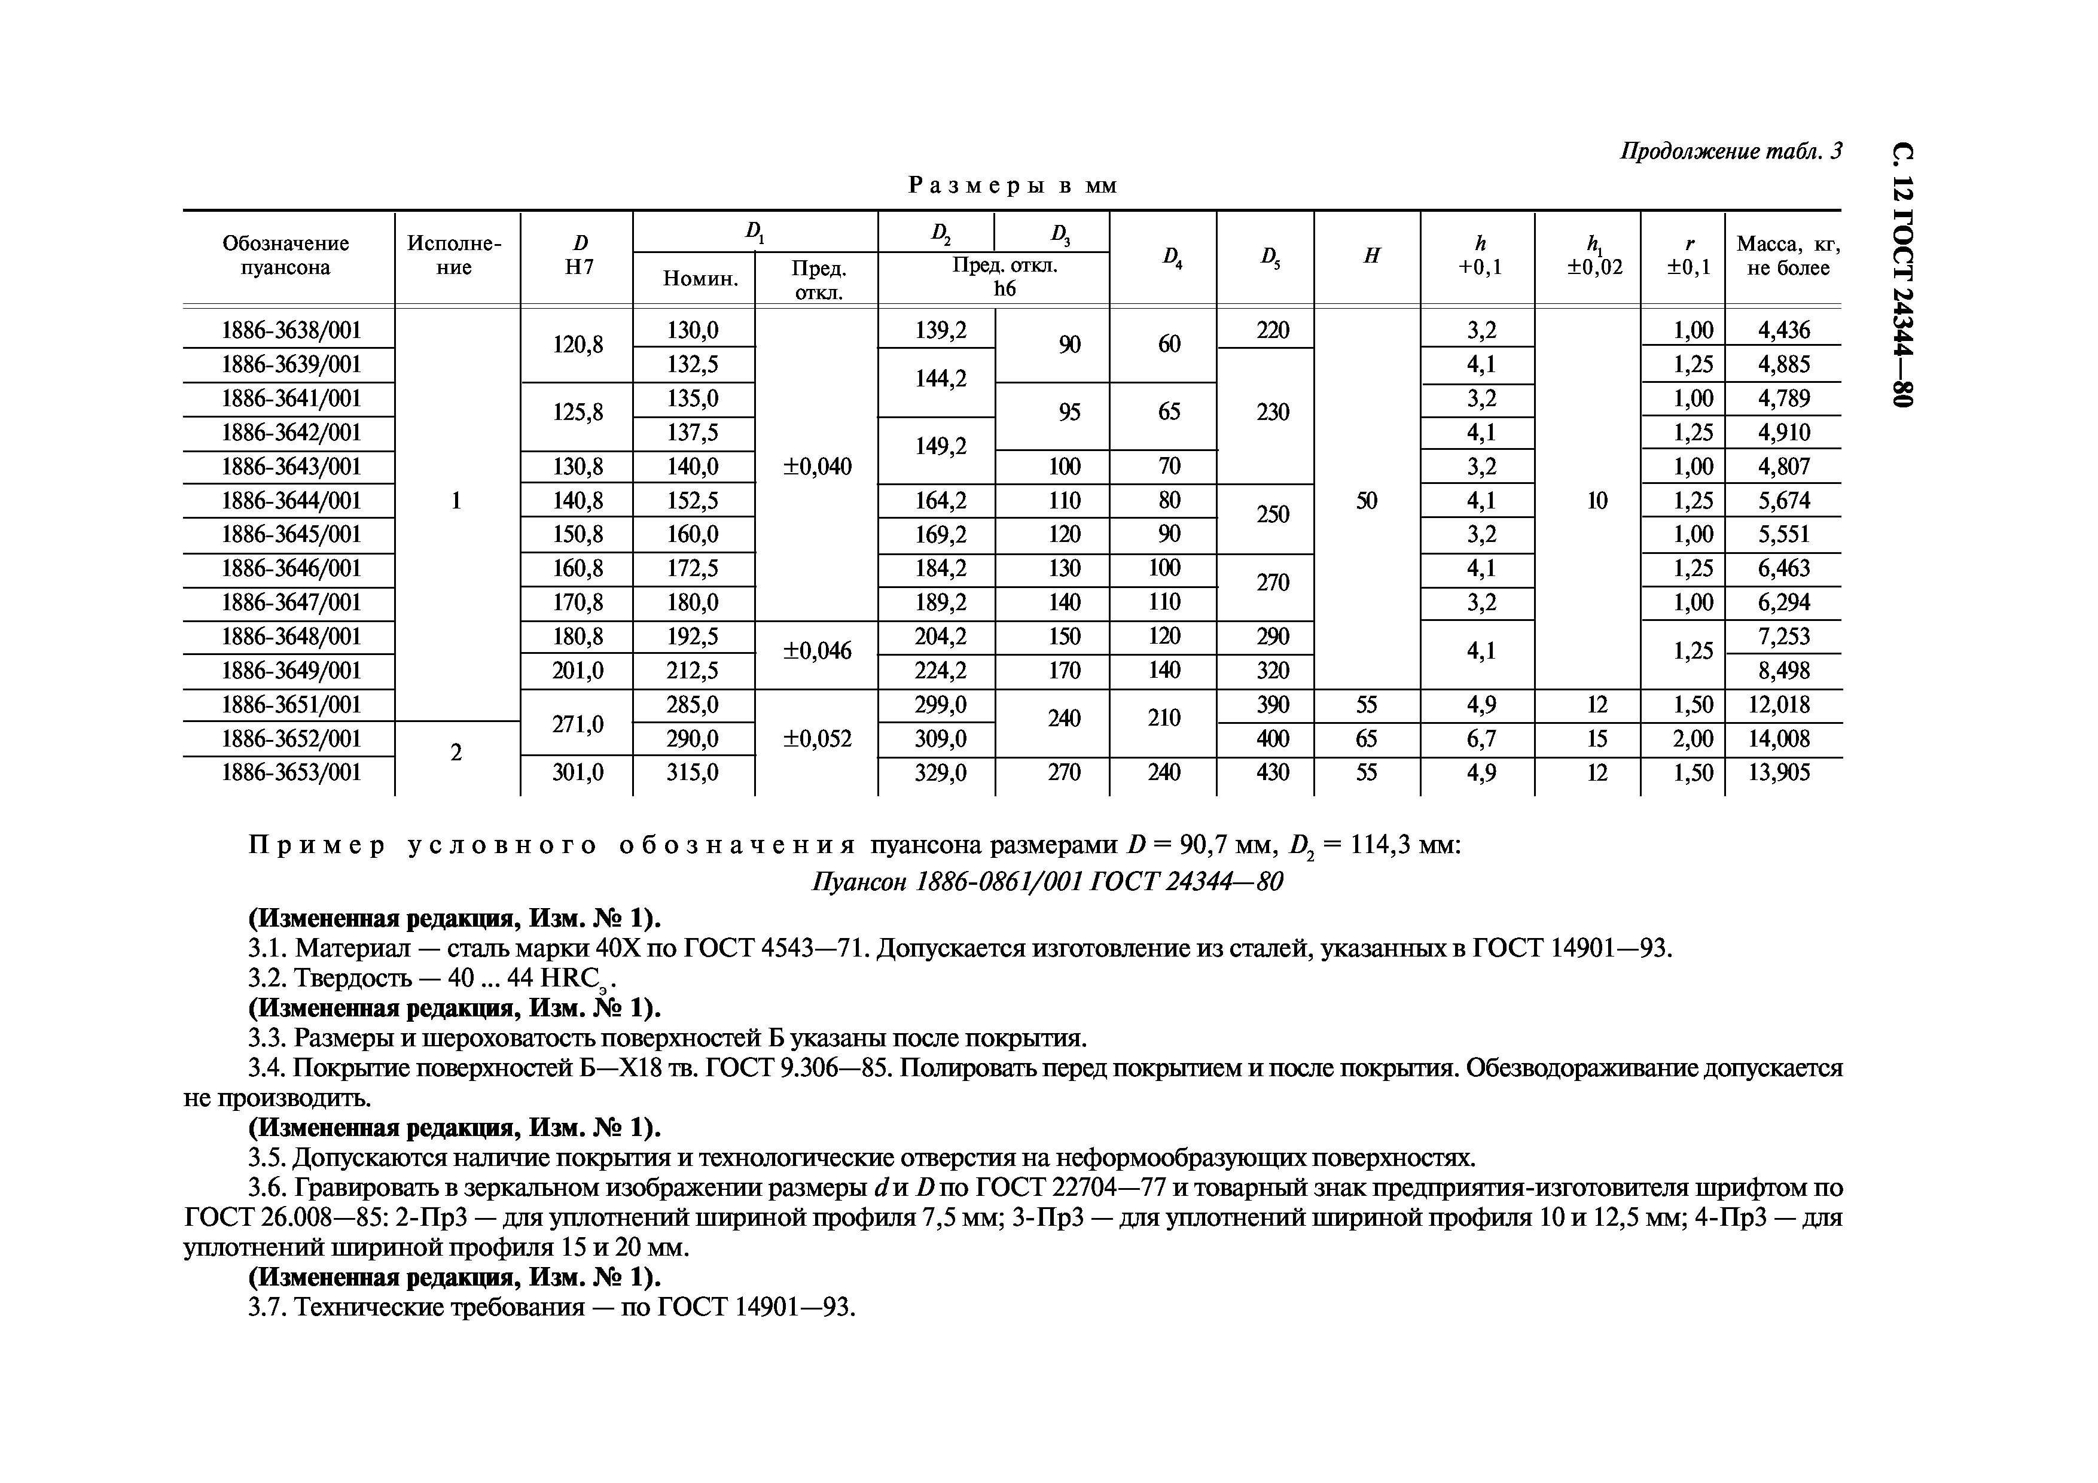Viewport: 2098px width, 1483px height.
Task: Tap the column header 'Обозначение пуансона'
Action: (285, 256)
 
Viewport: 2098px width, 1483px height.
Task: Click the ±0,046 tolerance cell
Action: (817, 651)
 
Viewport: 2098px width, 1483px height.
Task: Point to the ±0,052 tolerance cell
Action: (817, 738)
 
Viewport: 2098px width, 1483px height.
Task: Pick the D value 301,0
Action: (578, 773)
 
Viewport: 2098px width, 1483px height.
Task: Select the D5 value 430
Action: (1272, 773)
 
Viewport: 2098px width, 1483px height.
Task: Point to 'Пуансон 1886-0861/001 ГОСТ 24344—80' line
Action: (1047, 882)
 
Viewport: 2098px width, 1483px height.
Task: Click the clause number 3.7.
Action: (267, 1308)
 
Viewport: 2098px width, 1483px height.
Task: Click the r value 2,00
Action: (1693, 738)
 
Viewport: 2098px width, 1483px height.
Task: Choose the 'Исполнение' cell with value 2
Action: (456, 753)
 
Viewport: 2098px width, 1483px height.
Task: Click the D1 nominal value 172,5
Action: (692, 568)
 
